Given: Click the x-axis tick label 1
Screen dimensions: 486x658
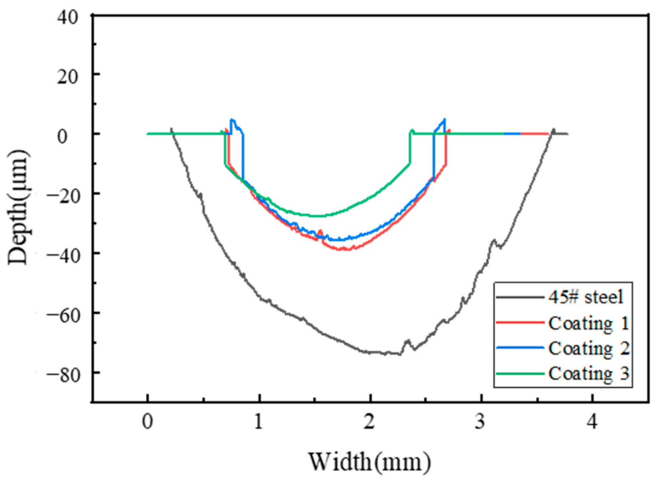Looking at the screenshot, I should pyautogui.click(x=259, y=422).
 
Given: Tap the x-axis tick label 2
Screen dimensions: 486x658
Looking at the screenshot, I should pyautogui.click(x=370, y=422).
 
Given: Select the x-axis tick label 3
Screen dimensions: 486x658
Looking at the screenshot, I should pyautogui.click(x=481, y=422).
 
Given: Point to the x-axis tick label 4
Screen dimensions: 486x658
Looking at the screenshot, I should pyautogui.click(x=592, y=422).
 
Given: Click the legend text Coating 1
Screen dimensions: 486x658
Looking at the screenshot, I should pyautogui.click(x=588, y=323).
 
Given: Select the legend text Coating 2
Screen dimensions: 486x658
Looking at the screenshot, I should pyautogui.click(x=588, y=348).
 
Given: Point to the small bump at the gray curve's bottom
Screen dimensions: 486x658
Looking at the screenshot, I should pyautogui.click(x=408, y=341).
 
